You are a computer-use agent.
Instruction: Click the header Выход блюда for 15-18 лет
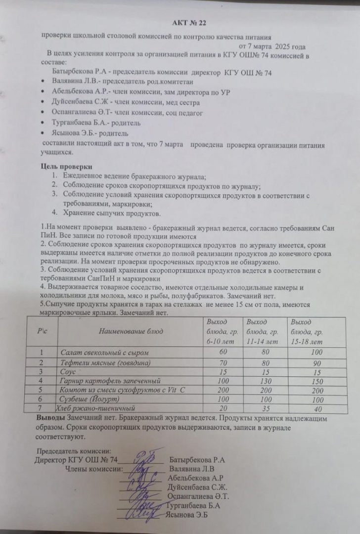(307, 331)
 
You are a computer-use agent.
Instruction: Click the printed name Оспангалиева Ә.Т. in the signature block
(198, 496)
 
